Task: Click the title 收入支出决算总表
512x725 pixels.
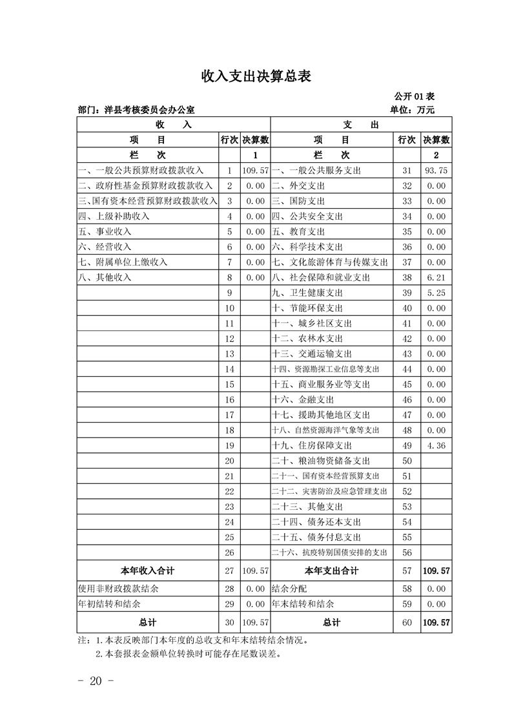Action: (x=256, y=77)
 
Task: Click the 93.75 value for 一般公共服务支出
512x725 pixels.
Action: (x=436, y=171)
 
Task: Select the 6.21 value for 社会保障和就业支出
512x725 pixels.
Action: (x=436, y=278)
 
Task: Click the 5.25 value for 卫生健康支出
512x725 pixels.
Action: (x=436, y=293)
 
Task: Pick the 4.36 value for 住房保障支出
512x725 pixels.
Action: (x=436, y=446)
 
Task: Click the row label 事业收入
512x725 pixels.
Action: (x=105, y=232)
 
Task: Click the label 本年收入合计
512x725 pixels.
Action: (x=148, y=571)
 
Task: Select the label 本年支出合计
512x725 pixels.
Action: (x=332, y=571)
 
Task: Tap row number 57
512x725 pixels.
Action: (x=407, y=571)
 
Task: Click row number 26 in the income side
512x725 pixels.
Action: (x=229, y=553)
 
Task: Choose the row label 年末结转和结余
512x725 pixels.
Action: (x=303, y=605)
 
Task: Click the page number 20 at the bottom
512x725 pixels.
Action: (x=96, y=682)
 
